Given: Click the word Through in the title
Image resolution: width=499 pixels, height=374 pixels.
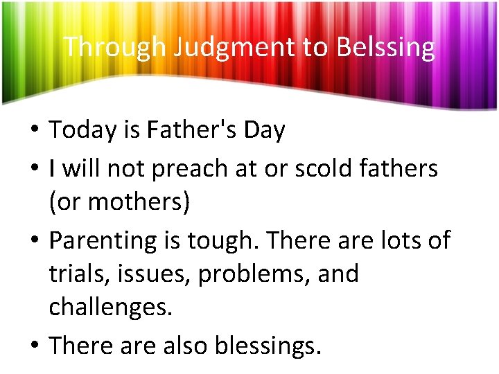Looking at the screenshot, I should (x=114, y=47).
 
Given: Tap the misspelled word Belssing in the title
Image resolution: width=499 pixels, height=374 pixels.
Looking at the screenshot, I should (x=387, y=47).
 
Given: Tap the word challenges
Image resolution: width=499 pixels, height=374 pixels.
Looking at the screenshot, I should (x=110, y=308).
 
